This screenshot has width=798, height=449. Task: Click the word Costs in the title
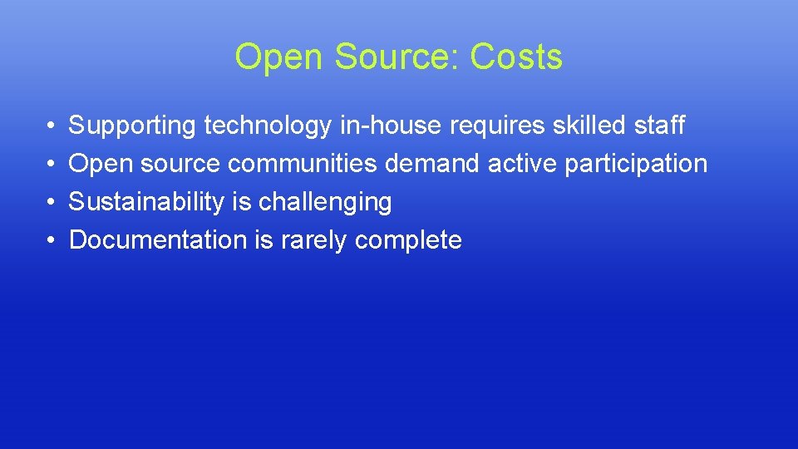click(515, 57)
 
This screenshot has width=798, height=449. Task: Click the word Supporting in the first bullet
click(132, 126)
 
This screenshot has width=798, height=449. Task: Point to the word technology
click(268, 126)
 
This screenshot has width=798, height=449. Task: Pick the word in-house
click(392, 126)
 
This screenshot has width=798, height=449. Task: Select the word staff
click(659, 126)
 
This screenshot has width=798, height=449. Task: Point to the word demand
click(432, 164)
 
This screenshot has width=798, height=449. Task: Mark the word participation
click(636, 165)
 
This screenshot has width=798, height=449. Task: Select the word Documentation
click(158, 240)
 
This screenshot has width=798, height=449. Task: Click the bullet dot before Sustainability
click(52, 202)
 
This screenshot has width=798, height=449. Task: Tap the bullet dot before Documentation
click(52, 240)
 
